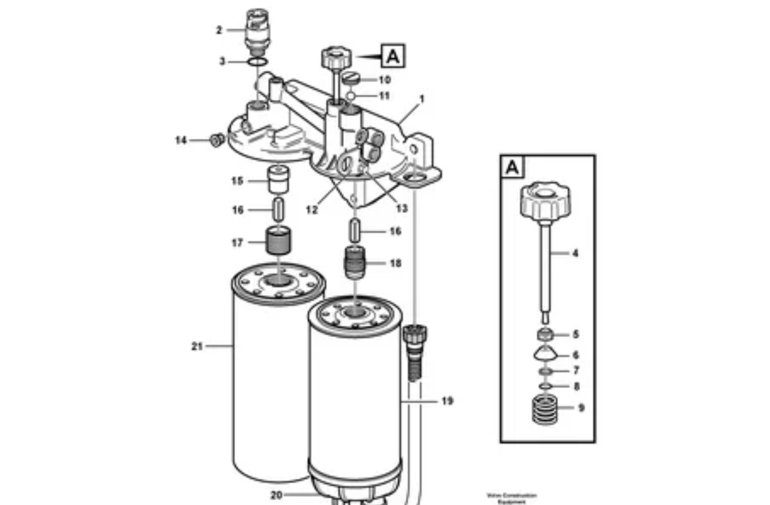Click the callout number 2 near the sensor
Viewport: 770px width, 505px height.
[219, 29]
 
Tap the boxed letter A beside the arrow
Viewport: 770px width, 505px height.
[393, 56]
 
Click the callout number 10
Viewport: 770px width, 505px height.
[385, 80]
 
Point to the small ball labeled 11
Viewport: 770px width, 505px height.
[351, 95]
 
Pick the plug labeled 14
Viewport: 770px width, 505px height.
[217, 140]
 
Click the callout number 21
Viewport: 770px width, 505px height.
[197, 345]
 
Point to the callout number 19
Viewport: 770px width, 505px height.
[446, 400]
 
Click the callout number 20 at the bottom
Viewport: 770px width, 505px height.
[276, 495]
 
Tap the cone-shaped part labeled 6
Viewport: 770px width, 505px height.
[545, 353]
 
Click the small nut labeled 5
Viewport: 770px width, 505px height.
[546, 334]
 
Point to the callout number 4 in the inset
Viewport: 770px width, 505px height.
[575, 254]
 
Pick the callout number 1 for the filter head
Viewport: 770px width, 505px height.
[422, 98]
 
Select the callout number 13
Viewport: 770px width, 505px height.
[402, 208]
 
